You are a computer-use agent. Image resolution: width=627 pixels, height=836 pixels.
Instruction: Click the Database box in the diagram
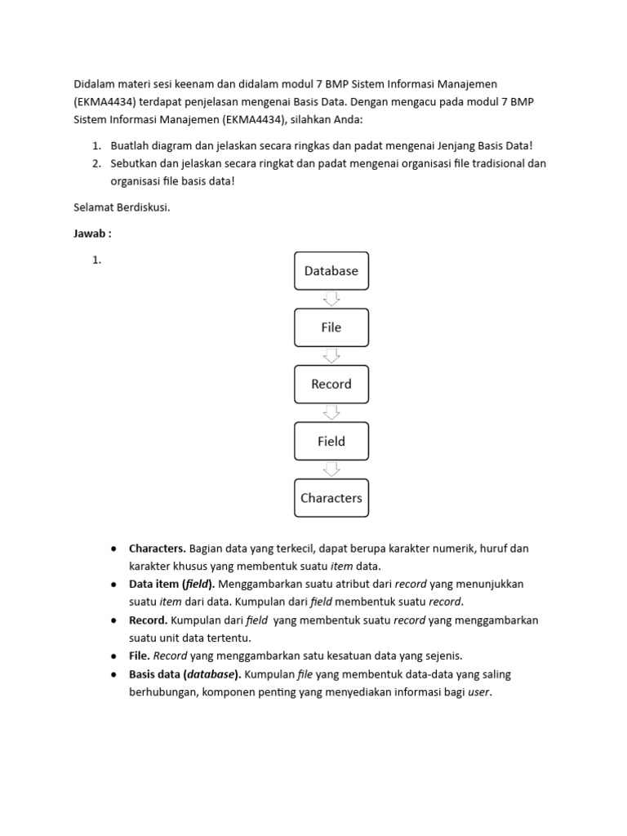click(331, 271)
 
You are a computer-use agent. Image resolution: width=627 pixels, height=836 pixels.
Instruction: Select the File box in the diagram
click(331, 327)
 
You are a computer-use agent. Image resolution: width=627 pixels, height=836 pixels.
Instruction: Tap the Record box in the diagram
click(331, 384)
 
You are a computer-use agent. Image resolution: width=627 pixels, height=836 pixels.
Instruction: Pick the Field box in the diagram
click(331, 441)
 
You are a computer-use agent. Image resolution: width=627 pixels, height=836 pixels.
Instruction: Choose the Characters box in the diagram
click(331, 498)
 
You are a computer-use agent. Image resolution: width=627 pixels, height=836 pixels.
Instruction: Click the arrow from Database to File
click(331, 299)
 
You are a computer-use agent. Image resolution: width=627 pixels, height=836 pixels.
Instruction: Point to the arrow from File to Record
click(331, 355)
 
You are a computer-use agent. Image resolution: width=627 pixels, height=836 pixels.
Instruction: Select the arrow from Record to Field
click(331, 412)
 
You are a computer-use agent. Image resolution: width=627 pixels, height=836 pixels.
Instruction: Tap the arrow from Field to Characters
click(331, 469)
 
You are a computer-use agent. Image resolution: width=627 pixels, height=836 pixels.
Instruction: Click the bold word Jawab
click(90, 233)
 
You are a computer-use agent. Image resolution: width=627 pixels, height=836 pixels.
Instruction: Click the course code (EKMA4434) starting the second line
click(104, 101)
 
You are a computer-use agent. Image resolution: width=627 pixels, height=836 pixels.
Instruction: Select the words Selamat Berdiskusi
click(122, 207)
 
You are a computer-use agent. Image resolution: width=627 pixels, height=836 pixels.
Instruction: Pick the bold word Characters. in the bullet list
click(158, 548)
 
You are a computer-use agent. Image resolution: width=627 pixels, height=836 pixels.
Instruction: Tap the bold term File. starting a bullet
click(140, 656)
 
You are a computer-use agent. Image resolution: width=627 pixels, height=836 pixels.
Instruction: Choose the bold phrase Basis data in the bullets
click(155, 674)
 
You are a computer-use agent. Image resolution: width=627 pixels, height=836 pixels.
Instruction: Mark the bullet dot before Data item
click(113, 585)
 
